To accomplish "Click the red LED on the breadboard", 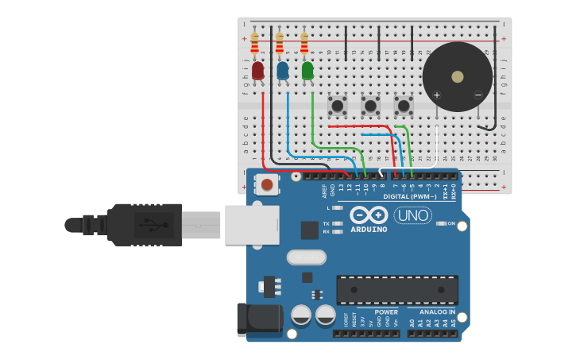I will pyautogui.click(x=257, y=72).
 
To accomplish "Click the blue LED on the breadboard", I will pyautogui.click(x=282, y=72).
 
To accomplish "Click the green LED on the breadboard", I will pyautogui.click(x=307, y=71).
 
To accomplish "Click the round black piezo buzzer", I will pyautogui.click(x=458, y=77).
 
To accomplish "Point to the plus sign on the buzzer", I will pyautogui.click(x=436, y=95).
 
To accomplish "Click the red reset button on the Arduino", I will pyautogui.click(x=267, y=184).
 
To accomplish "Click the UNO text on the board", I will pyautogui.click(x=413, y=215).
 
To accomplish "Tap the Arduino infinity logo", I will pyautogui.click(x=369, y=215).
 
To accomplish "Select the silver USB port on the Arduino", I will pyautogui.click(x=252, y=225).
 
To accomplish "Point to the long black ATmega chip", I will pyautogui.click(x=397, y=289).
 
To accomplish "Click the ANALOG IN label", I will pyautogui.click(x=438, y=312).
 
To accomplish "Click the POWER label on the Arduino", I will pyautogui.click(x=386, y=312).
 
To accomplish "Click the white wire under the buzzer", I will pyautogui.click(x=437, y=143).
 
